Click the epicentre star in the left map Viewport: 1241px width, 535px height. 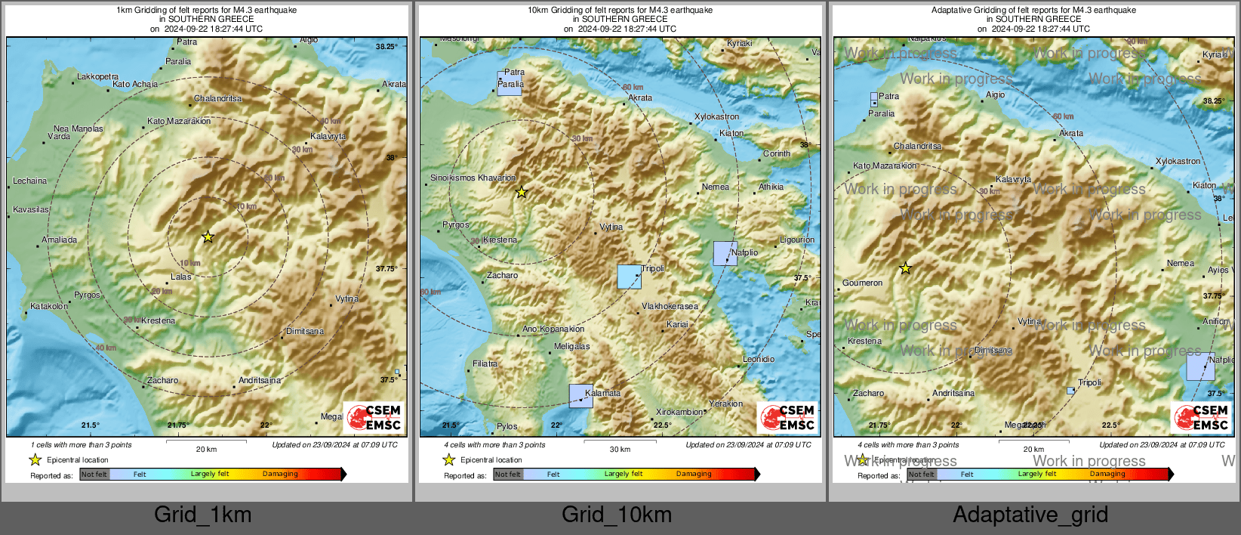(208, 237)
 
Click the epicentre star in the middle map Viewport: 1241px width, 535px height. (522, 193)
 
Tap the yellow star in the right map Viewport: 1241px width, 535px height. (905, 268)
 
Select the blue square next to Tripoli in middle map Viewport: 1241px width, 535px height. (629, 277)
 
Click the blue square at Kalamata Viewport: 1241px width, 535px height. (580, 396)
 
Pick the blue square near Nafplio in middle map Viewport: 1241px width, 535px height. (725, 253)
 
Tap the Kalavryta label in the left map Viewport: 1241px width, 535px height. (328, 137)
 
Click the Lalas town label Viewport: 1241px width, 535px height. (181, 277)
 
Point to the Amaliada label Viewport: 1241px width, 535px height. (60, 240)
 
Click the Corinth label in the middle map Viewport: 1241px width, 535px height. (777, 153)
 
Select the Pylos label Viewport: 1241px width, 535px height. (507, 427)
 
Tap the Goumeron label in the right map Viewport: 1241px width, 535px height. (862, 283)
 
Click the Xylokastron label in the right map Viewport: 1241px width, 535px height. (1178, 161)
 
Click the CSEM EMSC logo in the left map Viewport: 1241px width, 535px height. (374, 417)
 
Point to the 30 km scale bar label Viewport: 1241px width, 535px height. (620, 450)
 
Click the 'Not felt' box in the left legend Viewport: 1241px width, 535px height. (94, 475)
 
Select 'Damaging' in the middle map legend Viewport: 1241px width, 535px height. (694, 474)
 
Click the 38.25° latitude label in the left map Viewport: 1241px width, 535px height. (386, 47)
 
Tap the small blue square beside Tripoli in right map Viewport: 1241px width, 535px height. (1070, 391)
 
